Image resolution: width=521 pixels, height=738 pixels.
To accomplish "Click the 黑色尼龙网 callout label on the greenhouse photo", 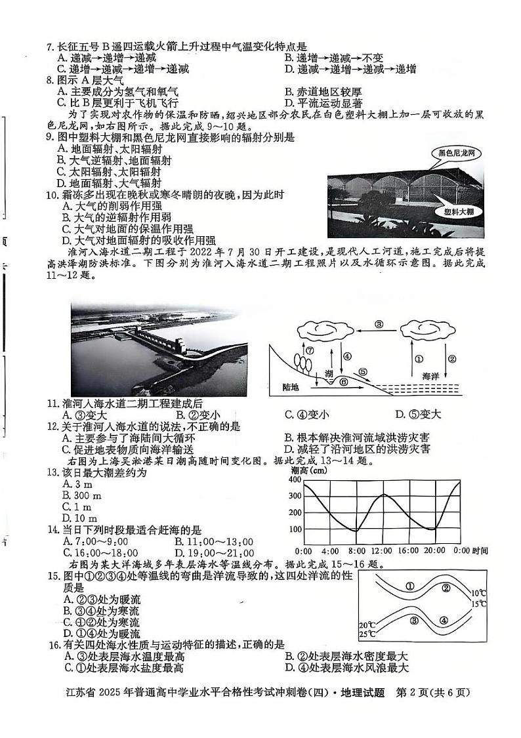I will tap(452, 154).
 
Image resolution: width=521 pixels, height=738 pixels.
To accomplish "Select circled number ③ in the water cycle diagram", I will tap(379, 324).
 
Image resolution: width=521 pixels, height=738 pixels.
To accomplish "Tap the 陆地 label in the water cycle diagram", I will tap(290, 387).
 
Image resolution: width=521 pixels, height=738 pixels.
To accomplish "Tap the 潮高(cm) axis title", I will tap(309, 470).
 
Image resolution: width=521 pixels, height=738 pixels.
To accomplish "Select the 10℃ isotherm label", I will tap(479, 592).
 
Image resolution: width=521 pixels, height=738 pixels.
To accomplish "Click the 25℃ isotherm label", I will tap(367, 635).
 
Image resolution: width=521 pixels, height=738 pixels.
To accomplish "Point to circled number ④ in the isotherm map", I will tap(444, 620).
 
